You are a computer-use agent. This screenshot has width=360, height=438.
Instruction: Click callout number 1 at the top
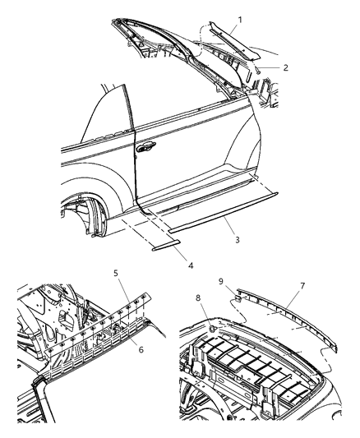tap(240, 18)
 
